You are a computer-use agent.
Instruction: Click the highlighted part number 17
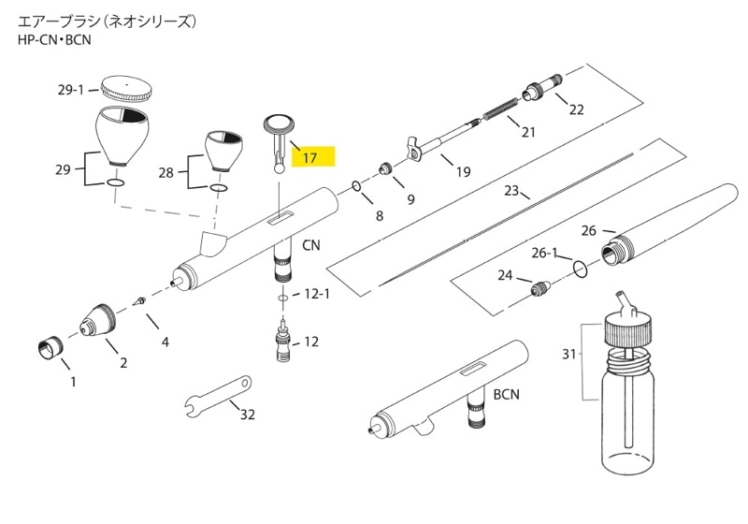click(310, 157)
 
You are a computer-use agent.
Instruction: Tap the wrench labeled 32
click(219, 393)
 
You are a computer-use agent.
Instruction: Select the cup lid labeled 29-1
click(126, 89)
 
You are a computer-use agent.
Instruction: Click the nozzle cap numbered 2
click(98, 320)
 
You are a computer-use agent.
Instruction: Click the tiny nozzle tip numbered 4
click(140, 301)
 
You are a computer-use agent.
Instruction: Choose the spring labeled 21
click(501, 109)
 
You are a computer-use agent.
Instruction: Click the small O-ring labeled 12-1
click(283, 298)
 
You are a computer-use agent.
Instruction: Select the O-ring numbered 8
click(357, 185)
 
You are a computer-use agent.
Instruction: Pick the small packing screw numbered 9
click(385, 168)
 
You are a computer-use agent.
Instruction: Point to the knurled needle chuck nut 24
click(541, 288)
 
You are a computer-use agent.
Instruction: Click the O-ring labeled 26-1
click(580, 269)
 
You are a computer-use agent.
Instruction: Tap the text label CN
click(311, 245)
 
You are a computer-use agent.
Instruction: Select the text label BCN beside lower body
click(507, 394)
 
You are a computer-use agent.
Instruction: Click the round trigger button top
click(279, 124)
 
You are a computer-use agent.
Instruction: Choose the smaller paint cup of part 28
click(223, 151)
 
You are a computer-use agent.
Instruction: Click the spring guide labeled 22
click(543, 86)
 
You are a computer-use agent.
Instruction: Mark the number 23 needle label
click(511, 191)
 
